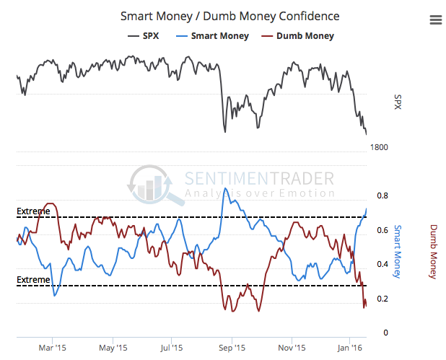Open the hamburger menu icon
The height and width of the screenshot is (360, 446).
[x=435, y=20]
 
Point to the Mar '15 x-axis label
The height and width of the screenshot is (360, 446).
[x=53, y=347]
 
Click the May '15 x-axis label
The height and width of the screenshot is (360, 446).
[x=112, y=347]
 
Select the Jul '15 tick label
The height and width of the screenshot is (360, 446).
[x=171, y=347]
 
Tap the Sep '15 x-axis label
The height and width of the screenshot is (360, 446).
[x=231, y=347]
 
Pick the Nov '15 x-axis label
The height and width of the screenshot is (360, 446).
[x=291, y=347]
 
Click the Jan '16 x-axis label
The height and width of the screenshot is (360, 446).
[x=350, y=347]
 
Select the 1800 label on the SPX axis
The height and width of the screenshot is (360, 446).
[x=380, y=147]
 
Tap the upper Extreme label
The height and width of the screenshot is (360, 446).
[x=34, y=211]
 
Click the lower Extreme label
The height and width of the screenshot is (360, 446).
[x=34, y=279]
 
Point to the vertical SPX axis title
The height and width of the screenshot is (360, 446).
[x=398, y=103]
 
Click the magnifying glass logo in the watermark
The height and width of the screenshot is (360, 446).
[x=153, y=184]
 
